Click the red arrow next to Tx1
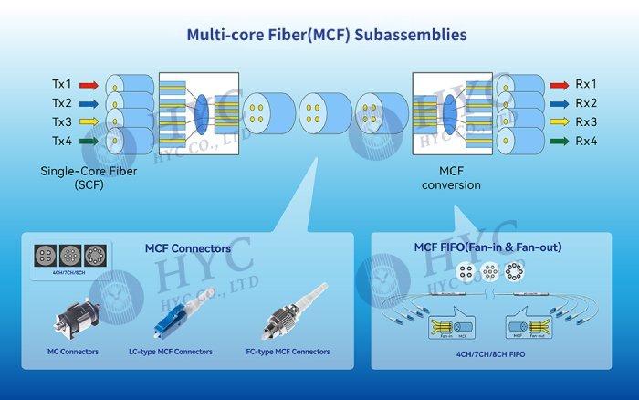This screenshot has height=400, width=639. (87, 84)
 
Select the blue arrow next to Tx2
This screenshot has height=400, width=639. (87, 103)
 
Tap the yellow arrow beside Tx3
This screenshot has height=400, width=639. (87, 122)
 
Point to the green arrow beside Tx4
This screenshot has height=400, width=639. (87, 142)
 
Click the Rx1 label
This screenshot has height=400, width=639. (586, 84)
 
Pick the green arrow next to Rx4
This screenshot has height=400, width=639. (558, 142)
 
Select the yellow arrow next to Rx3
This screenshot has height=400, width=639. (558, 122)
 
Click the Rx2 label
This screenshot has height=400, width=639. (586, 103)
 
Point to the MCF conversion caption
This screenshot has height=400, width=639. (446, 177)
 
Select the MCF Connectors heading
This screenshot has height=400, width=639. (188, 247)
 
